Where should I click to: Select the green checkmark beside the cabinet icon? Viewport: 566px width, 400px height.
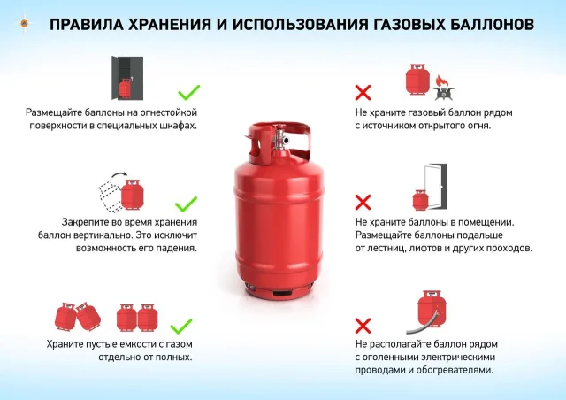click(x=188, y=91)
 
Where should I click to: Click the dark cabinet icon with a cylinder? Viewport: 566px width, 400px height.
click(x=126, y=80)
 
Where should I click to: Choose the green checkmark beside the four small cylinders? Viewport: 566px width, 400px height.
click(x=180, y=324)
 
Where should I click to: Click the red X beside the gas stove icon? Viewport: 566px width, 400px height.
click(x=363, y=91)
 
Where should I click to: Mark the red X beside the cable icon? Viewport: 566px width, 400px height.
click(x=363, y=324)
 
